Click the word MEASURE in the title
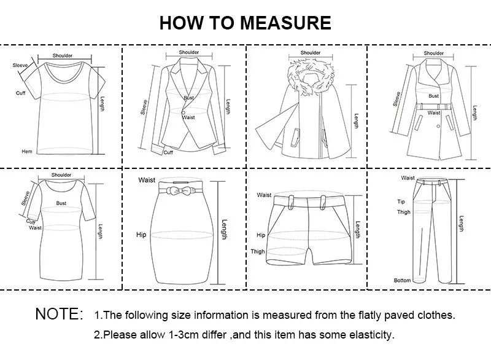click(285, 23)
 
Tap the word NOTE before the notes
click(58, 315)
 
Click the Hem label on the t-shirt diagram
click(26, 151)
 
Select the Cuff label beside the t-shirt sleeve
click(20, 93)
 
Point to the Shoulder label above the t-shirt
click(62, 55)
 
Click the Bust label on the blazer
click(188, 98)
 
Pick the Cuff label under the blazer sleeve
click(168, 152)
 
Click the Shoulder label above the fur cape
click(311, 53)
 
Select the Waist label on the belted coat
click(434, 112)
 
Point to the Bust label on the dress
click(61, 202)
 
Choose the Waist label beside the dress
click(35, 227)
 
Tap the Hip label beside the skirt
click(141, 235)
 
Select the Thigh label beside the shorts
click(258, 252)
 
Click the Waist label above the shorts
click(264, 195)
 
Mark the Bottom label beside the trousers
click(402, 281)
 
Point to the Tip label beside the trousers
click(401, 201)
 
